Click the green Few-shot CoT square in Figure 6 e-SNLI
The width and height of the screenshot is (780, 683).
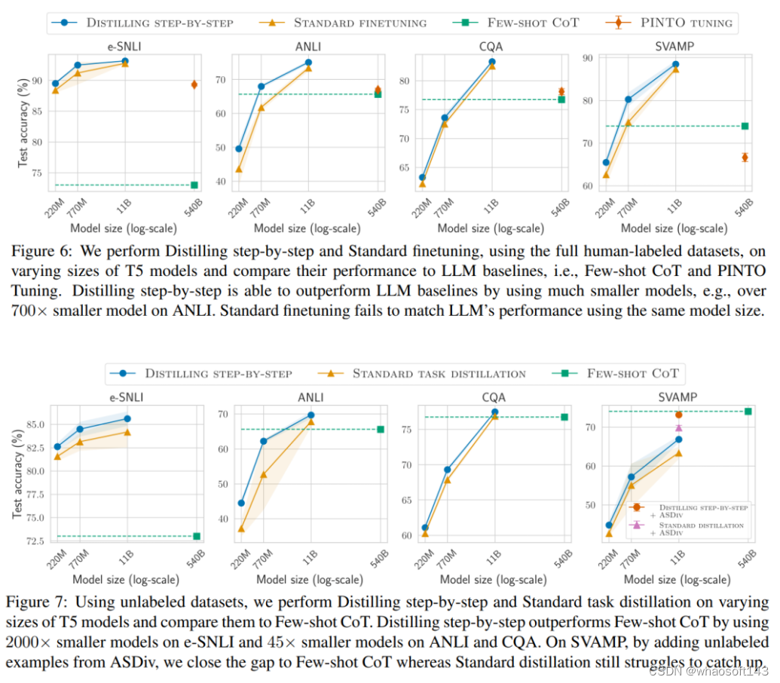click(x=194, y=185)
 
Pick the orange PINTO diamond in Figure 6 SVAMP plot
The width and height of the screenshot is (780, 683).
click(x=745, y=157)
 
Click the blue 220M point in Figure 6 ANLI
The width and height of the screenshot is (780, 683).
click(x=239, y=149)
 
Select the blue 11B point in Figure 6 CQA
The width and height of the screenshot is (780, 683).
click(x=492, y=62)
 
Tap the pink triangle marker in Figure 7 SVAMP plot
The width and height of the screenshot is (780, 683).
click(x=678, y=428)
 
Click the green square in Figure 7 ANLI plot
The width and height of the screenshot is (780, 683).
click(x=381, y=429)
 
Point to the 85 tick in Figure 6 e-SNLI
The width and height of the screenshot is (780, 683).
click(x=35, y=111)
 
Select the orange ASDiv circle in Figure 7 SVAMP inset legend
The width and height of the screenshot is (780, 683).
click(x=638, y=508)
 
